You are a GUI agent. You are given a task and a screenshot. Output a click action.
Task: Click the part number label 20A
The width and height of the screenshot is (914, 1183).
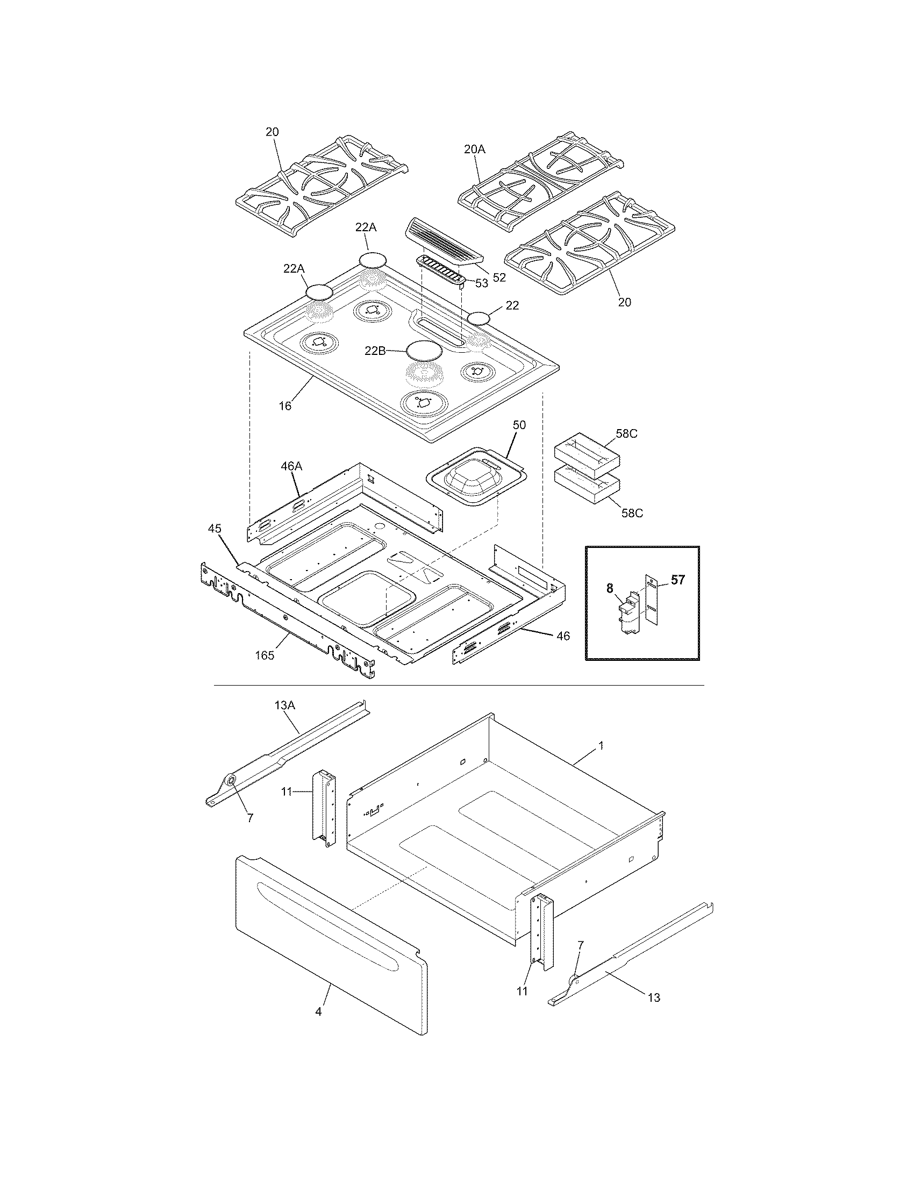coord(475,149)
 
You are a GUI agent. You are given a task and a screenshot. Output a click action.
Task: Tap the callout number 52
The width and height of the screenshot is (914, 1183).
coord(499,277)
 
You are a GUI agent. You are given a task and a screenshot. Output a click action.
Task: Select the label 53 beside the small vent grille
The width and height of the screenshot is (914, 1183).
coord(481,283)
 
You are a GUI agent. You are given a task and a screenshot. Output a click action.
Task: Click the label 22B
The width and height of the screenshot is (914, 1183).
coord(375,351)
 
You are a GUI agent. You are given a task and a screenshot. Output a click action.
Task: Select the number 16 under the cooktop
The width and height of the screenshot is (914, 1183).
coord(285,405)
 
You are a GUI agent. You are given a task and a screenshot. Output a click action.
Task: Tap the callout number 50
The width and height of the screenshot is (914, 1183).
coord(519,425)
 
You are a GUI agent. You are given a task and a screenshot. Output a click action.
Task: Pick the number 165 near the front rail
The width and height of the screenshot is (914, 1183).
coord(265,655)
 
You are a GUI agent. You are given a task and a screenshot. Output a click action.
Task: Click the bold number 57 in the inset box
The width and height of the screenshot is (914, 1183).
coord(677,580)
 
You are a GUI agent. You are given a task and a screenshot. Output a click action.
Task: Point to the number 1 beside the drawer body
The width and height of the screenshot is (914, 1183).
coord(601,746)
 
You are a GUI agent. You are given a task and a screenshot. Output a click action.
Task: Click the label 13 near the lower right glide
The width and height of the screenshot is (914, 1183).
coord(654,997)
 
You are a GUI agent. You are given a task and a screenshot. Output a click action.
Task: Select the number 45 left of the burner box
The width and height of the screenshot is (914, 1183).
coord(215,528)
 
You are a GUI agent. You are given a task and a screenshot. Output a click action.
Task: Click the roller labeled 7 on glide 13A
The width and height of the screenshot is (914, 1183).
coord(230,781)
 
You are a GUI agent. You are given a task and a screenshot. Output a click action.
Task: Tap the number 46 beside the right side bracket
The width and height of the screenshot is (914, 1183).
coord(563,636)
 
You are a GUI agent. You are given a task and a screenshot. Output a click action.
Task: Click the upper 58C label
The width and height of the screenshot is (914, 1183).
coord(626,434)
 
